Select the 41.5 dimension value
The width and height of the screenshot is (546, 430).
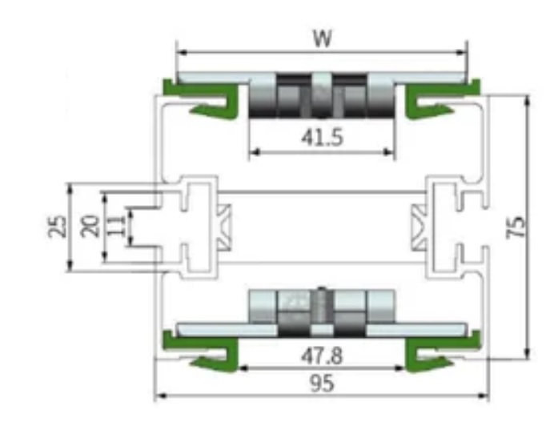(322, 138)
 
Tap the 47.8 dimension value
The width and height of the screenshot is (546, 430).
(322, 356)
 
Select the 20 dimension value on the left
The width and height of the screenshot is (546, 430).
(90, 227)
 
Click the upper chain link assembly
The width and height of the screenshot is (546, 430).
(321, 96)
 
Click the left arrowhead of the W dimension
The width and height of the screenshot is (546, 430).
(180, 53)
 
